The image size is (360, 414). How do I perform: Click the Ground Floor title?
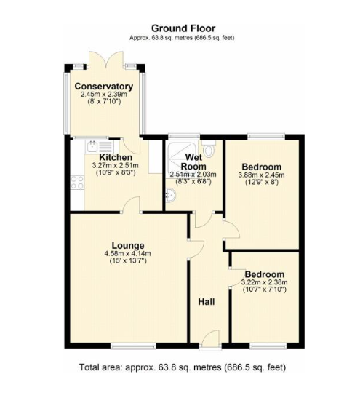click(x=183, y=28)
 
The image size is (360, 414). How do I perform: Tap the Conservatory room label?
click(x=104, y=87)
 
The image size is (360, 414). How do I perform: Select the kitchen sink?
click(x=99, y=147)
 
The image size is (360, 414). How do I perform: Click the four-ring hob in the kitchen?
click(x=77, y=183)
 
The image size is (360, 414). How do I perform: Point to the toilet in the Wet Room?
click(x=209, y=149)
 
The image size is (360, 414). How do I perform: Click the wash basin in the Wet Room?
click(x=170, y=196)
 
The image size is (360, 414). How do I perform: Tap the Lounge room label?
click(x=128, y=246)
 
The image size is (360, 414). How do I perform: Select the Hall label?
click(x=207, y=302)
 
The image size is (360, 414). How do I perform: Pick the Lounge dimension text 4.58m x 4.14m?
click(x=128, y=254)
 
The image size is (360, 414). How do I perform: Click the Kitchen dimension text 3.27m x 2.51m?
click(x=116, y=166)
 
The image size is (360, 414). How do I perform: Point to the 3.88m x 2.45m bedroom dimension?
click(x=261, y=175)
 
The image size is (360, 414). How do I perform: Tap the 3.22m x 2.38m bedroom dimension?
click(x=265, y=282)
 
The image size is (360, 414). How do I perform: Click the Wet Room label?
click(x=193, y=162)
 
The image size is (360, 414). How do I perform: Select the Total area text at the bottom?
click(x=183, y=367)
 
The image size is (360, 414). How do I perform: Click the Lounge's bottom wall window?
click(x=133, y=346)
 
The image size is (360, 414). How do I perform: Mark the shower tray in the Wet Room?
click(x=182, y=159)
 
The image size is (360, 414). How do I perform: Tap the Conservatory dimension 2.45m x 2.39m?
click(x=104, y=95)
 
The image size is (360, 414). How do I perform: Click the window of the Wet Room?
click(x=184, y=137)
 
